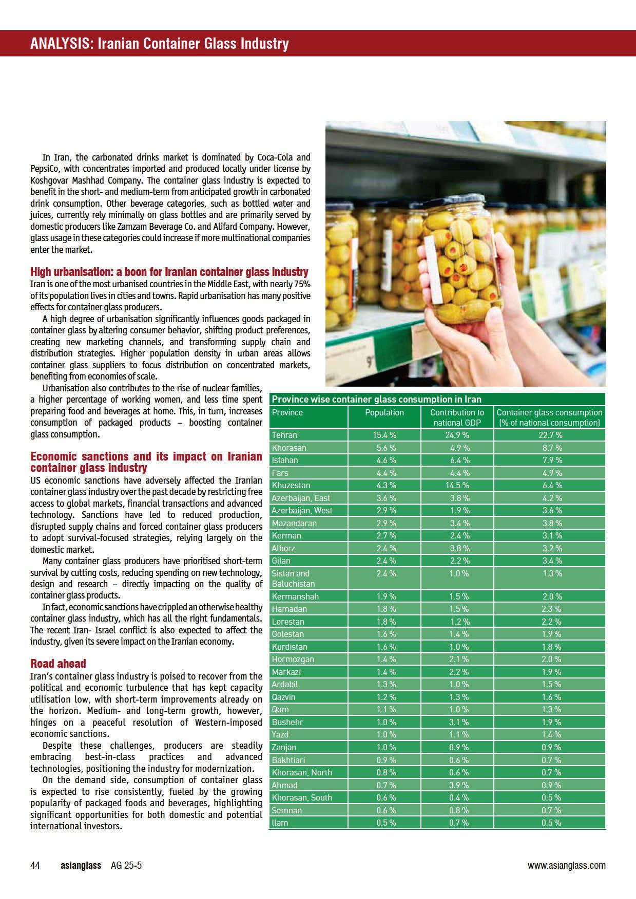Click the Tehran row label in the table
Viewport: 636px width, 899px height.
pyautogui.click(x=284, y=435)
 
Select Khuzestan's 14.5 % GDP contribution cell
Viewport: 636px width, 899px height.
pyautogui.click(x=456, y=485)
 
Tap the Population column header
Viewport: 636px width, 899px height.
pyautogui.click(x=384, y=412)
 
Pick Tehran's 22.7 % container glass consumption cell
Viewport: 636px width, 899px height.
pyautogui.click(x=549, y=435)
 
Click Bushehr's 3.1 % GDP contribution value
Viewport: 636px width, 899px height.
pyautogui.click(x=456, y=722)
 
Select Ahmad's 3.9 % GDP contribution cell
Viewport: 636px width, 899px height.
pyautogui.click(x=456, y=785)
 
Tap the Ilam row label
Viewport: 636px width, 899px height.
pyautogui.click(x=280, y=823)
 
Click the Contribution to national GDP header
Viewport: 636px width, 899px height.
pyautogui.click(x=457, y=417)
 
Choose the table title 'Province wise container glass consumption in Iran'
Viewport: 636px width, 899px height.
pyautogui.click(x=376, y=399)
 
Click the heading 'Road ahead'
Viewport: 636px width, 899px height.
pyautogui.click(x=58, y=664)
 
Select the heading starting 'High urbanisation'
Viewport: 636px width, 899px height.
pyautogui.click(x=169, y=272)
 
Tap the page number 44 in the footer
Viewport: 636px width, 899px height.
pyautogui.click(x=35, y=866)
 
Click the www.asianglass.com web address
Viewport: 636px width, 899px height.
pyautogui.click(x=566, y=866)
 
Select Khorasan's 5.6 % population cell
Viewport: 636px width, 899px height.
pyautogui.click(x=384, y=448)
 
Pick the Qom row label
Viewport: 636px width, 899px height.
pyautogui.click(x=280, y=709)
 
